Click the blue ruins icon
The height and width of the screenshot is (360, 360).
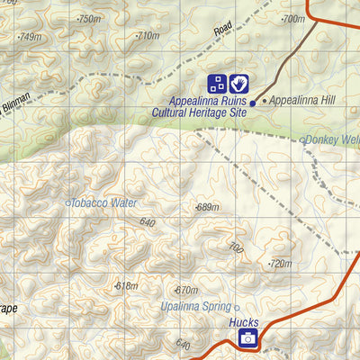tap(218, 84)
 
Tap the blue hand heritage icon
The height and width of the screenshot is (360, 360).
tap(238, 84)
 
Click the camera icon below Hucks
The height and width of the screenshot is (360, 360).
tap(247, 338)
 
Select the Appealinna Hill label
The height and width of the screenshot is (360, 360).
tap(301, 101)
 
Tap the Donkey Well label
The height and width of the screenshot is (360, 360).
tap(331, 139)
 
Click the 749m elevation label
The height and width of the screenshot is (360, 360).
tap(30, 37)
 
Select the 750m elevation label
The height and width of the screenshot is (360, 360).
tap(88, 19)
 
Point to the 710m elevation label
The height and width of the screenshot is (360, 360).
tap(147, 36)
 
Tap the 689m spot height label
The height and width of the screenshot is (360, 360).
tap(207, 208)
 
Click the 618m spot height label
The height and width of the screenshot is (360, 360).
tap(126, 286)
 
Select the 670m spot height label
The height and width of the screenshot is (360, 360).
tap(185, 290)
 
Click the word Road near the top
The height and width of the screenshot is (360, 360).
tap(223, 28)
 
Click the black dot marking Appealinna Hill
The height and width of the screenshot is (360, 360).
tap(264, 101)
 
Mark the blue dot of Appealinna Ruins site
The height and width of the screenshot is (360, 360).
tap(253, 103)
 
